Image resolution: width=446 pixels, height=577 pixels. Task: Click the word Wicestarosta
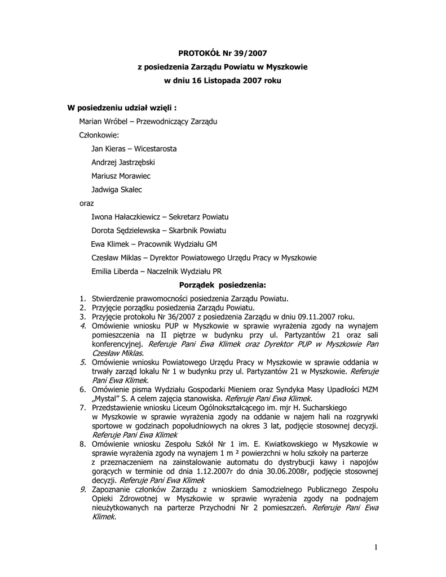tap(155, 149)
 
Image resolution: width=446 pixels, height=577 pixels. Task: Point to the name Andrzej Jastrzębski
tap(123, 162)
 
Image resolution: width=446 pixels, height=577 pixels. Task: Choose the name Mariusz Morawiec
tap(121, 176)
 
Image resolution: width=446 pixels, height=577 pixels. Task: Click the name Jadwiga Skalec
tap(117, 189)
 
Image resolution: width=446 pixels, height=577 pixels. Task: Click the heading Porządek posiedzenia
tap(222, 285)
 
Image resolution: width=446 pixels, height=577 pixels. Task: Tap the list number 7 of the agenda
tap(82, 406)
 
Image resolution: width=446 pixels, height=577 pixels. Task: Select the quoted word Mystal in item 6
tap(104, 397)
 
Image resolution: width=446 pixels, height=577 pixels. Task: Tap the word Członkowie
tap(99, 135)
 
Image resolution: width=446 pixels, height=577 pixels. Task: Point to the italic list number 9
tap(82, 490)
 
